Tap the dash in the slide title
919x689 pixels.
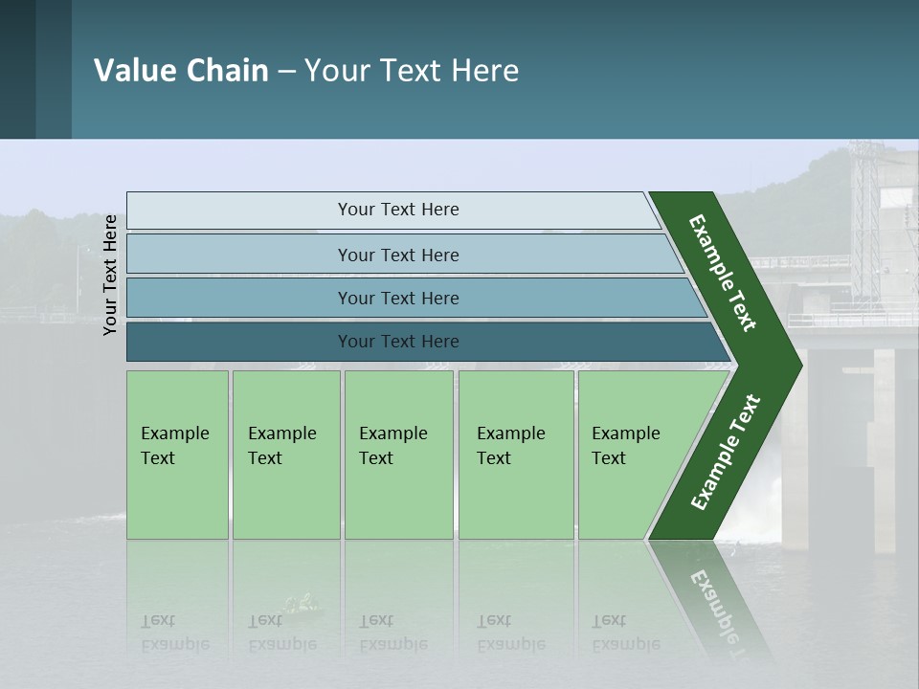pyautogui.click(x=286, y=72)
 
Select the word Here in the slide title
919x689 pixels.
pyautogui.click(x=485, y=71)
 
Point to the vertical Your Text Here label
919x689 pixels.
pyautogui.click(x=110, y=275)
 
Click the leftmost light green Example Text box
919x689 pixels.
pyautogui.click(x=177, y=455)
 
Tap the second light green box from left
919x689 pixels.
pyautogui.click(x=286, y=455)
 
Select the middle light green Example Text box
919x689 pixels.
pyautogui.click(x=398, y=455)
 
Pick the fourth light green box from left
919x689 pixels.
pyautogui.click(x=516, y=455)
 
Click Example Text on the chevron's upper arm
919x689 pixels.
pyautogui.click(x=723, y=273)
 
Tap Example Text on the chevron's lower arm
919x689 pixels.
pyautogui.click(x=726, y=453)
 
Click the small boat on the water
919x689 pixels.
pyautogui.click(x=303, y=605)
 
